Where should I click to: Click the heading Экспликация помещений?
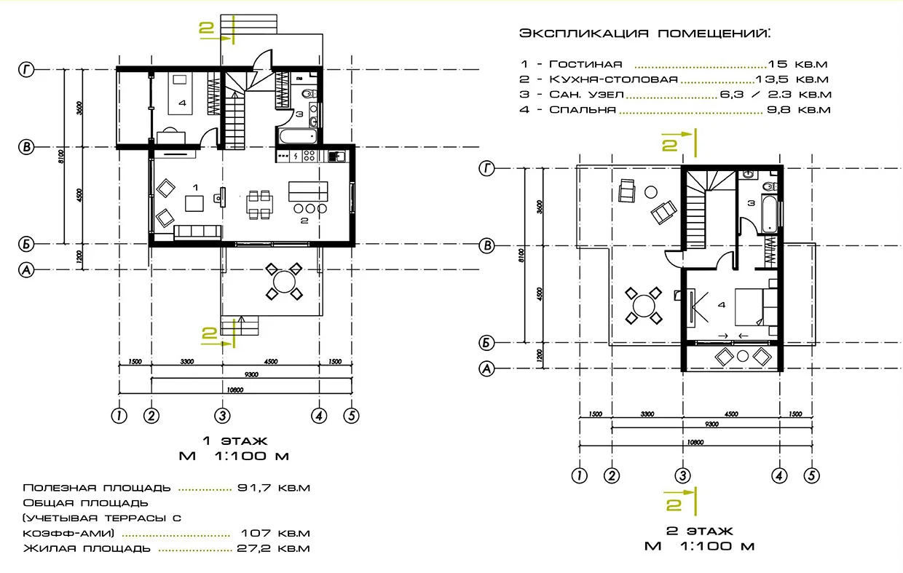(x=645, y=34)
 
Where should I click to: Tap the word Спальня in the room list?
(x=583, y=110)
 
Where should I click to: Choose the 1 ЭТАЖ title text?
(x=234, y=440)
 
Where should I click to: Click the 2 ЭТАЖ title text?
(x=699, y=531)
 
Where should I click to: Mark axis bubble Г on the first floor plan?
(x=27, y=70)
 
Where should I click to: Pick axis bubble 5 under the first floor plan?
(x=351, y=415)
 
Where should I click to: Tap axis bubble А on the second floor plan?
(x=487, y=369)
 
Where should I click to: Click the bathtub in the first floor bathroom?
(x=296, y=135)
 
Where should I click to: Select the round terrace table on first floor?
(x=283, y=281)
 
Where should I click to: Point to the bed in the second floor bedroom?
(x=751, y=306)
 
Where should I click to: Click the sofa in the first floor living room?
(x=197, y=232)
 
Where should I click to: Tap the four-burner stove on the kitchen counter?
(x=309, y=155)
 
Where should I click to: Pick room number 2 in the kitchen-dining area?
(x=304, y=219)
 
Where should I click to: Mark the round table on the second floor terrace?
(x=644, y=306)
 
